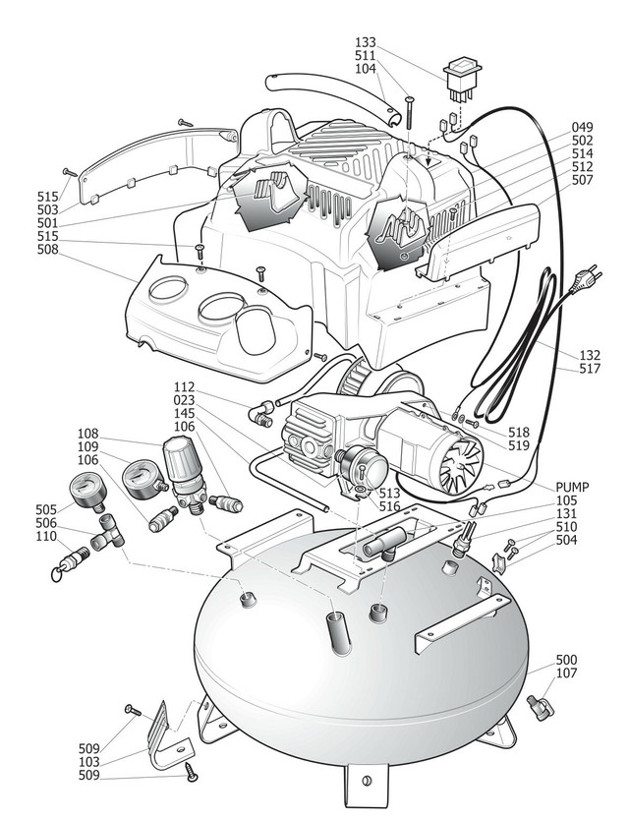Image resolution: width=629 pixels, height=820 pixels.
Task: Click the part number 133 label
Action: click(x=367, y=42)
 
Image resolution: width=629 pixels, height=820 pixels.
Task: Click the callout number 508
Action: click(x=48, y=250)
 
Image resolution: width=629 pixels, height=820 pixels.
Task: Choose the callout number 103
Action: click(x=90, y=762)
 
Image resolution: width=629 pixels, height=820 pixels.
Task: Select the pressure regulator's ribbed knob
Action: click(x=183, y=460)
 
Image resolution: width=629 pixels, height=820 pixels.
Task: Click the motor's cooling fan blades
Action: click(x=455, y=461)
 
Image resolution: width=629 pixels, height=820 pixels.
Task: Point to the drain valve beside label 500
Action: click(x=540, y=706)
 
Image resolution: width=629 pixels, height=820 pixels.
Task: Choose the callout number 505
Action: click(x=46, y=509)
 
